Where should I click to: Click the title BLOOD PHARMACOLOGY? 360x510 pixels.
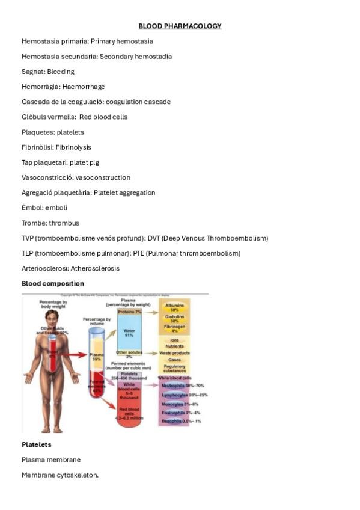click(x=180, y=26)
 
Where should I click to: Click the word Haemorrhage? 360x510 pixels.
click(x=84, y=87)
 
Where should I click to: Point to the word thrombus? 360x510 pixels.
click(x=64, y=223)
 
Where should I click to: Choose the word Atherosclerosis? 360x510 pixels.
click(x=95, y=268)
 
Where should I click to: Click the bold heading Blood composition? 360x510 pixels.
click(x=53, y=283)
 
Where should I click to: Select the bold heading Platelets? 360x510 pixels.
click(x=37, y=444)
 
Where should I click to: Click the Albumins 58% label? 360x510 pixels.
click(x=175, y=307)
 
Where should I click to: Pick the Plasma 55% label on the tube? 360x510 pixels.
click(x=96, y=357)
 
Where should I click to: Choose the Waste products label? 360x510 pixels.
click(x=175, y=353)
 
